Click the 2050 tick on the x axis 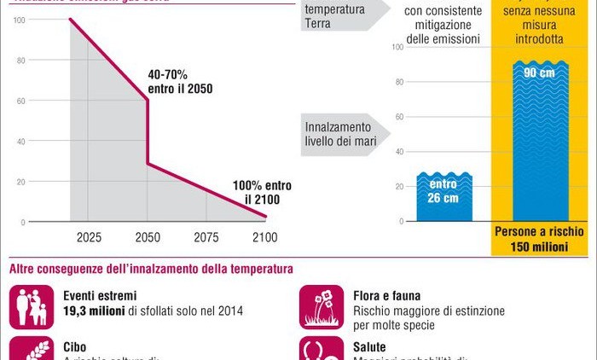point(148,235)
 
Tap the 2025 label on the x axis point(89,235)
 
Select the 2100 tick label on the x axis point(265,235)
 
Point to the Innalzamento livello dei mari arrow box point(342,134)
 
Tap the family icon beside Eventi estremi point(32,306)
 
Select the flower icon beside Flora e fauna point(322,306)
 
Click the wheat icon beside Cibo point(32,349)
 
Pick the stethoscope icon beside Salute point(322,349)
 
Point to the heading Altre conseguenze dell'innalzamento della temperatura point(151,269)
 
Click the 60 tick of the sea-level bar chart point(397,117)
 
